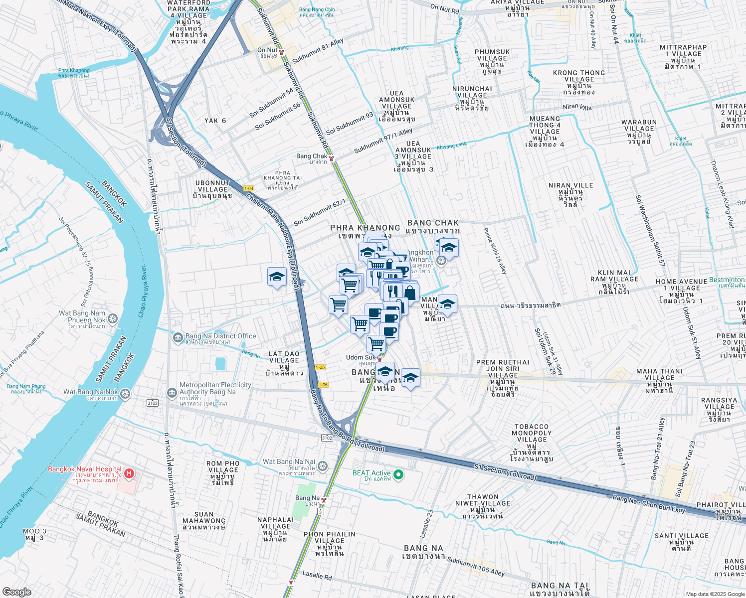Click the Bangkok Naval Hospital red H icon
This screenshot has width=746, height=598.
coord(129,473)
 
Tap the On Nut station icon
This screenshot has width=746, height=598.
coord(281,52)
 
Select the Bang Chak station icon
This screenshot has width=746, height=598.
coord(331,158)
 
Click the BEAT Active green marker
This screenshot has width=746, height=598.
coord(398,474)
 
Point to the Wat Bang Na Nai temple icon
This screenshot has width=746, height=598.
coord(323,466)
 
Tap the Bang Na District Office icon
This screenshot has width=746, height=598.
coord(178,338)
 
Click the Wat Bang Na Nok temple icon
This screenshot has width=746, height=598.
coord(125,394)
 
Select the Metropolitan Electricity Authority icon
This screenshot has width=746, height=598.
coord(172,393)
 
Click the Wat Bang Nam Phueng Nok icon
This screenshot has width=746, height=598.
coord(113,318)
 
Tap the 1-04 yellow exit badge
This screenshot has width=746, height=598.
coord(249,188)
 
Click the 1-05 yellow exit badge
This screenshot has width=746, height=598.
coord(320,367)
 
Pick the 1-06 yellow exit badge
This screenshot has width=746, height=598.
coord(323,384)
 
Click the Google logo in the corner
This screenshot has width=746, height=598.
coord(16,592)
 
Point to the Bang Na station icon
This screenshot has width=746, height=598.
coord(324,500)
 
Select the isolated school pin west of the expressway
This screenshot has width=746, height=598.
coord(277,277)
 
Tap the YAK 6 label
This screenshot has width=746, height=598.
coord(215,121)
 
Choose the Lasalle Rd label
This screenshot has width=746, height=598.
coord(317,575)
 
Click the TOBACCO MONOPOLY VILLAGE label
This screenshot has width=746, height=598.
coord(532,433)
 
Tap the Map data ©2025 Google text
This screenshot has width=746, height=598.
coord(714,594)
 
